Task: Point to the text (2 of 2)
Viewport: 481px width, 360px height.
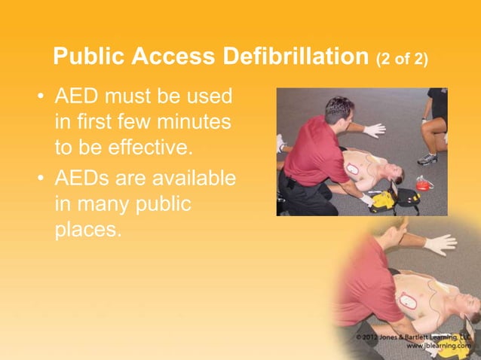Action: (401, 59)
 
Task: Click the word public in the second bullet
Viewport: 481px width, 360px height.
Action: (159, 204)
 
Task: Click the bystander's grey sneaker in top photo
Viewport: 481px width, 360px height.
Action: (427, 158)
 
